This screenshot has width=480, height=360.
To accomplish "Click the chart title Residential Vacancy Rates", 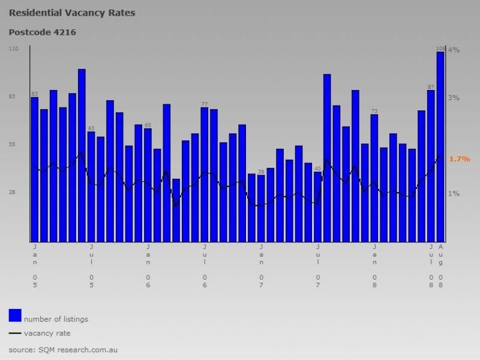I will click(x=72, y=13).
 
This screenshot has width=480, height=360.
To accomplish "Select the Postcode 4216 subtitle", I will click(x=43, y=32).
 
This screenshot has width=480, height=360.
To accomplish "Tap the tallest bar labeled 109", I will click(x=440, y=147).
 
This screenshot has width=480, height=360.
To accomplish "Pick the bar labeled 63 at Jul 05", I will click(x=91, y=187).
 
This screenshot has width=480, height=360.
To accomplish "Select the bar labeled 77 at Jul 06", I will click(x=205, y=174).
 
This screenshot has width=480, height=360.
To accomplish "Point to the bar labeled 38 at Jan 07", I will click(x=261, y=208).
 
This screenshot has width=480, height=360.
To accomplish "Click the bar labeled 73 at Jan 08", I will click(x=374, y=178).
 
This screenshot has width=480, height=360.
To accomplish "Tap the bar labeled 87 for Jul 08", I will click(x=431, y=166).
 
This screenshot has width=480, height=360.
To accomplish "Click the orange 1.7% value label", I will click(x=459, y=159).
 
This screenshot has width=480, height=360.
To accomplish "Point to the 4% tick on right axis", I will click(x=454, y=50).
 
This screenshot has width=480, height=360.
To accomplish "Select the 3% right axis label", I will click(x=454, y=98).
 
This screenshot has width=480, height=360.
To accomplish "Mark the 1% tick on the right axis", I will click(x=454, y=194).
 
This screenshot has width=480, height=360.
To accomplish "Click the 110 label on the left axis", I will click(x=14, y=48).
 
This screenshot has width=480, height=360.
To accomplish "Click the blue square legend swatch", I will click(x=15, y=315).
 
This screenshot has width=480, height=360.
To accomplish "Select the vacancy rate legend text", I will click(x=47, y=333).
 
